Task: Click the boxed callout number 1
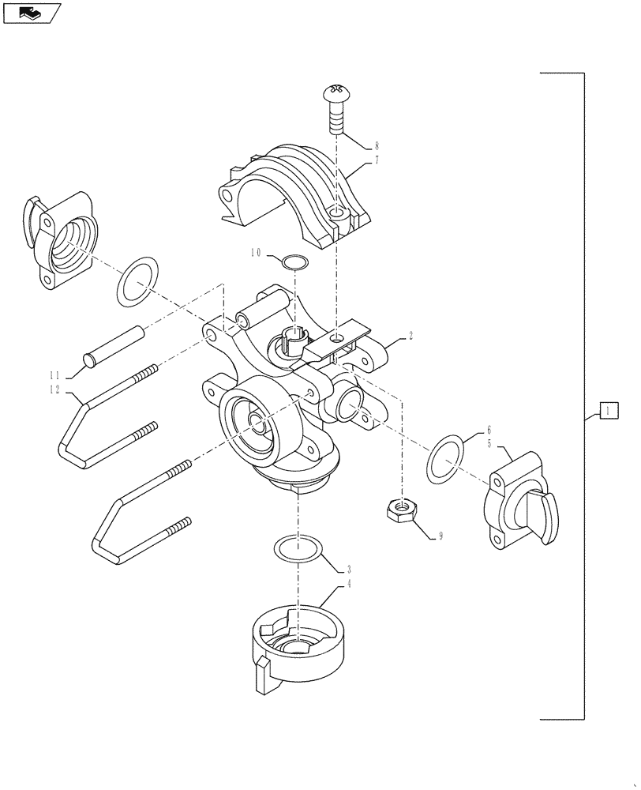[x=609, y=410]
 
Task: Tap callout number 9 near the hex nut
[x=440, y=536]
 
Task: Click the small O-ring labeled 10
[x=294, y=261]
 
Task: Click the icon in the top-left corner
[x=31, y=13]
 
